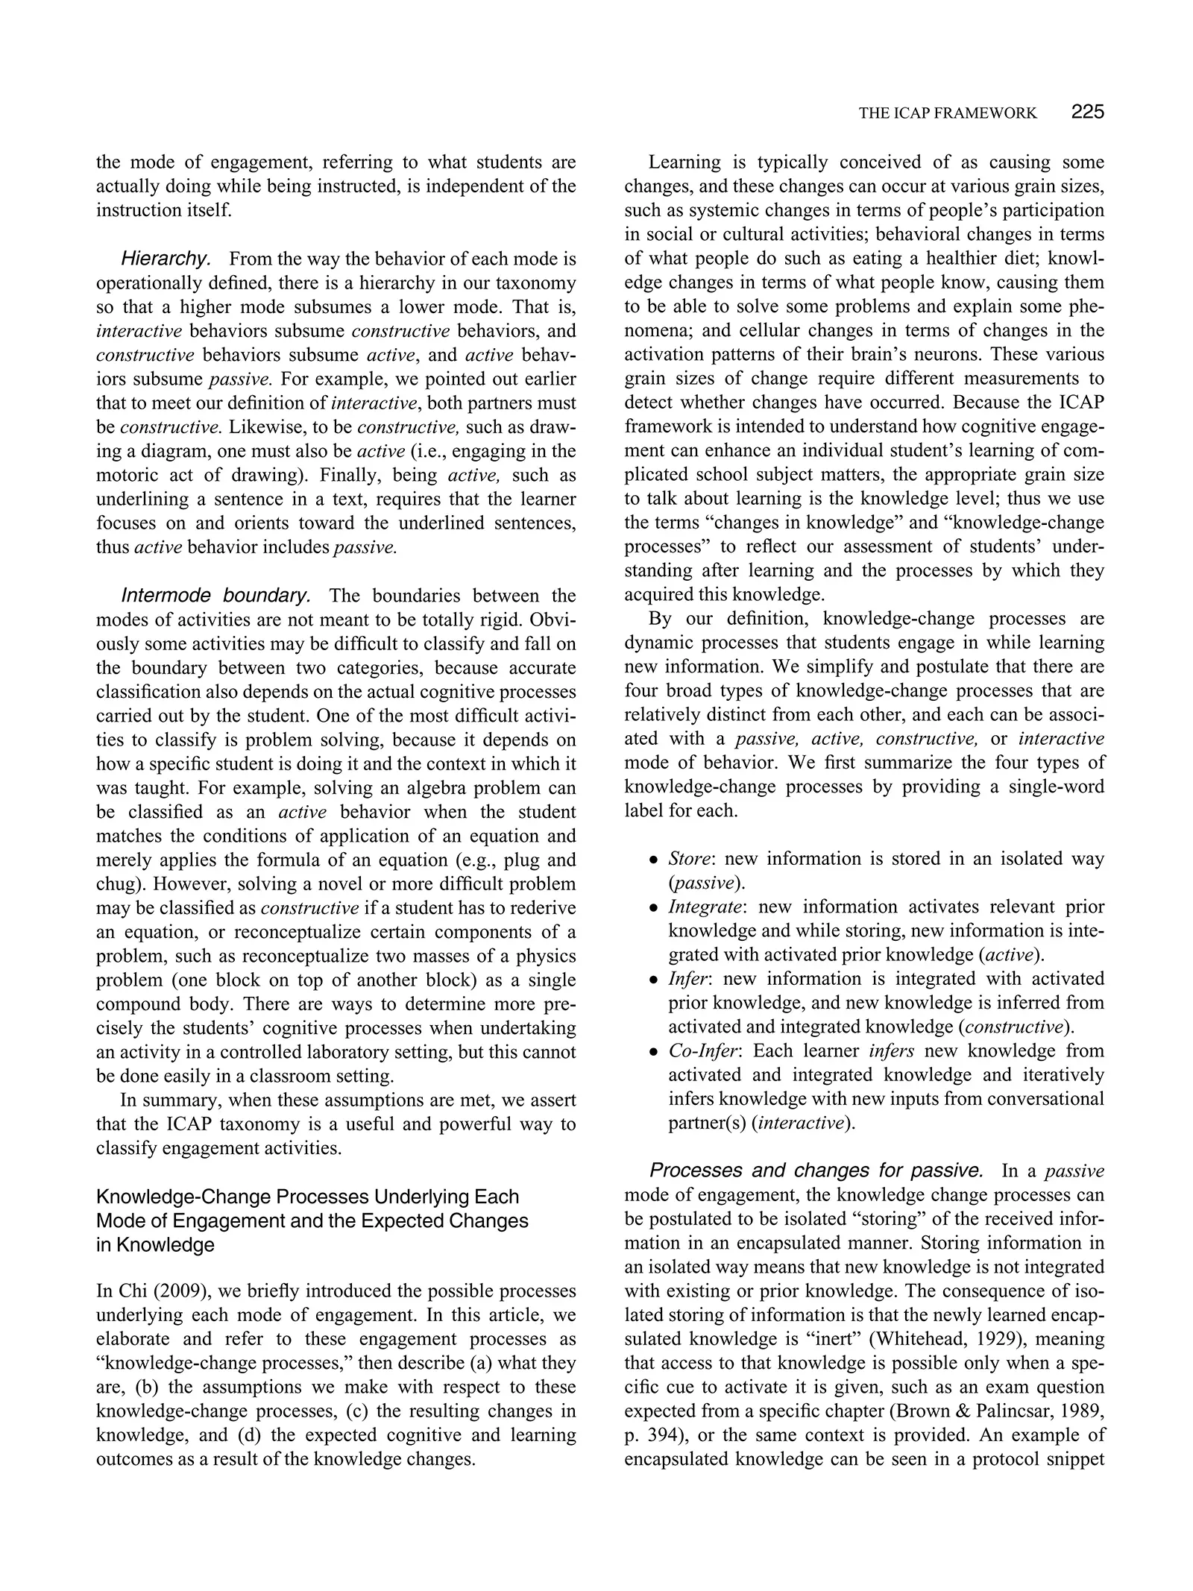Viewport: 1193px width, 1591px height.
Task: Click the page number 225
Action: point(1087,113)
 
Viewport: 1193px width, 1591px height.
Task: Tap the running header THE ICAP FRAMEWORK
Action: point(947,113)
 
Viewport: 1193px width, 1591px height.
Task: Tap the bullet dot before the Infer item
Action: point(653,980)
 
